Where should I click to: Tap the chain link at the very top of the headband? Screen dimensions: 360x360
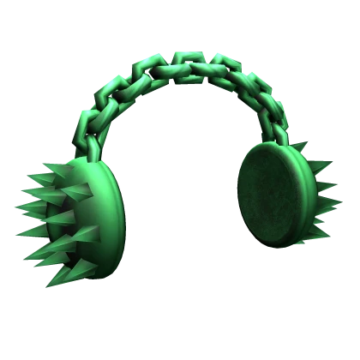click(x=183, y=62)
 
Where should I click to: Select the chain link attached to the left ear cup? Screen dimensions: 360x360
click(x=88, y=146)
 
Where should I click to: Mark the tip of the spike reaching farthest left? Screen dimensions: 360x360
click(x=16, y=206)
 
